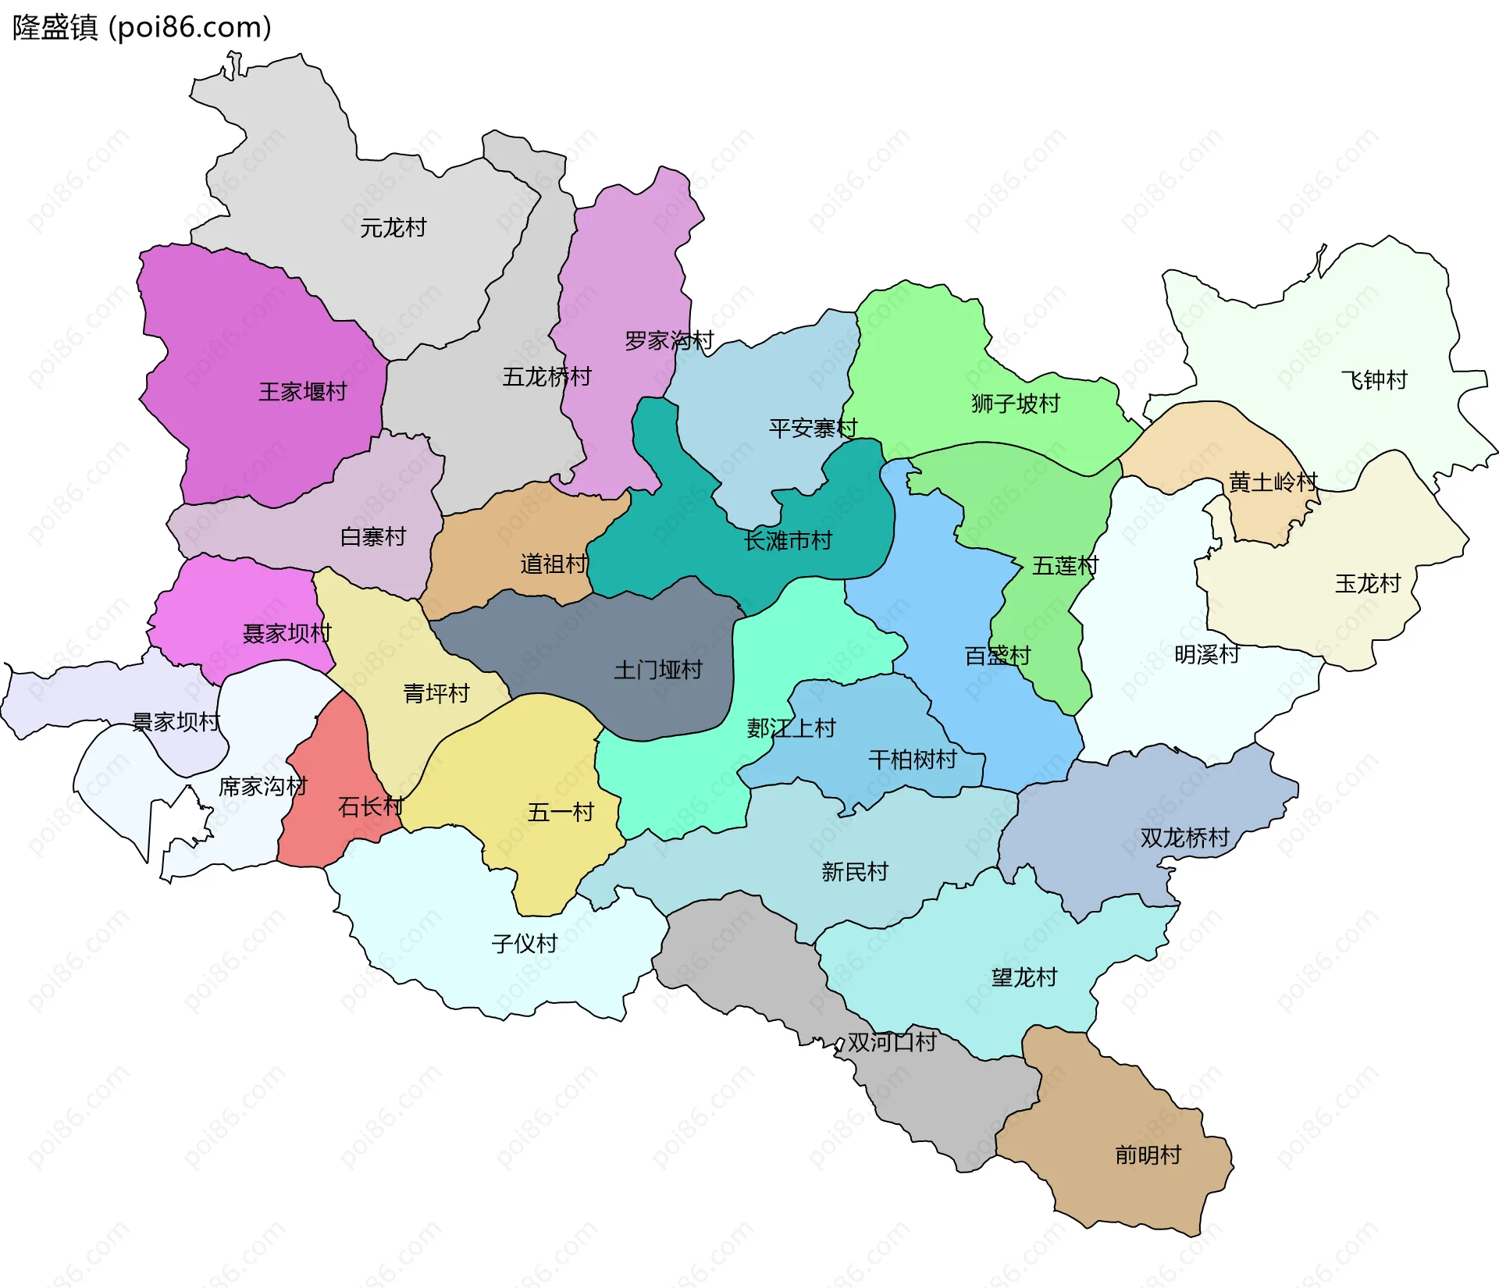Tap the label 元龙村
pyautogui.click(x=393, y=228)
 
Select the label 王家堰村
pyautogui.click(x=303, y=392)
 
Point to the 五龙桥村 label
pyautogui.click(x=547, y=377)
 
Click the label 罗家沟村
pyautogui.click(x=669, y=341)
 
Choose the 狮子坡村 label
pyautogui.click(x=1015, y=404)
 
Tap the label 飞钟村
pyautogui.click(x=1374, y=380)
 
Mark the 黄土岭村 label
pyautogui.click(x=1273, y=482)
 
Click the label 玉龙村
pyautogui.click(x=1368, y=584)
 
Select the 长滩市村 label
pyautogui.click(x=788, y=541)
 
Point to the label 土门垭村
pyautogui.click(x=658, y=670)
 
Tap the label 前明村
pyautogui.click(x=1148, y=1155)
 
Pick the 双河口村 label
pyautogui.click(x=892, y=1042)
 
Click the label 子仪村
pyautogui.click(x=524, y=944)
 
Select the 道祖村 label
pyautogui.click(x=554, y=564)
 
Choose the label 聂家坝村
pyautogui.click(x=287, y=633)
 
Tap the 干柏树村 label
pyautogui.click(x=912, y=760)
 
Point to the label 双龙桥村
pyautogui.click(x=1184, y=838)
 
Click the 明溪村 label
pyautogui.click(x=1207, y=654)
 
